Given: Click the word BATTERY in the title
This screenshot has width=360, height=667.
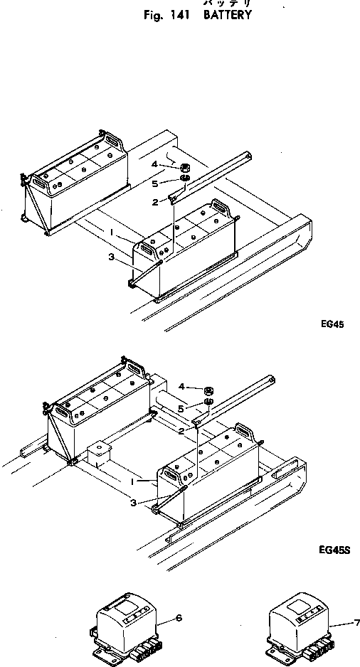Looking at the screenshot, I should [227, 14].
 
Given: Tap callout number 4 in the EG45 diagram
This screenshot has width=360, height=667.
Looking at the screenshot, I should [154, 165].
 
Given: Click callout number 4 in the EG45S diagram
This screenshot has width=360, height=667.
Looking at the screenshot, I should [182, 387].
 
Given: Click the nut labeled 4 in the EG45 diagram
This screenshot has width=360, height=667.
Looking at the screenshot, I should [184, 168].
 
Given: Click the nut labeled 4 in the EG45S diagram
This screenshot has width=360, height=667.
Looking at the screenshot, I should [209, 390].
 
